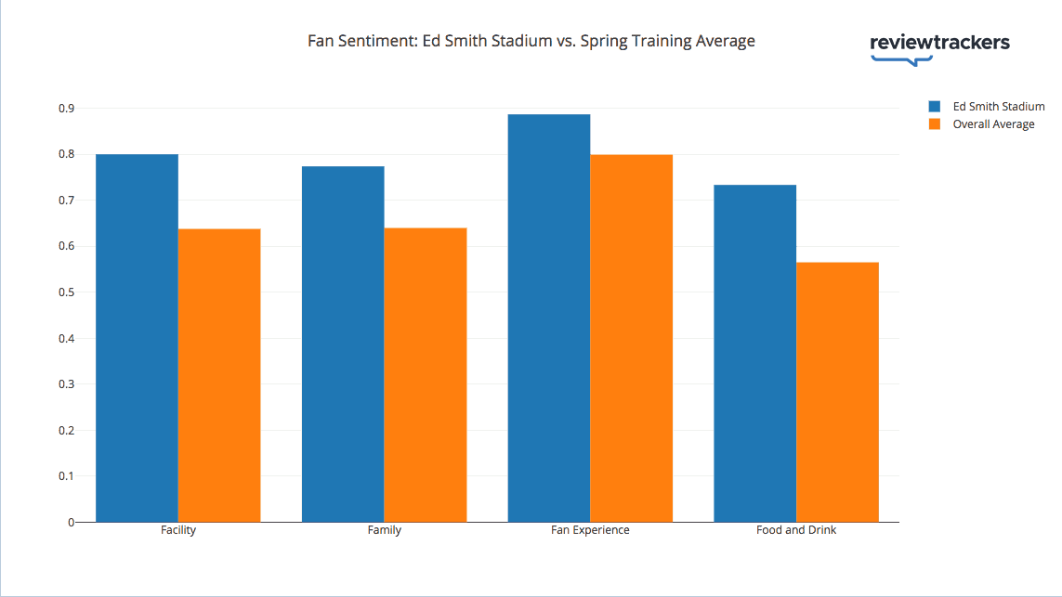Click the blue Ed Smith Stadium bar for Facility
click(x=137, y=338)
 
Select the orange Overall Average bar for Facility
click(x=219, y=375)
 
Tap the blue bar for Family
click(x=343, y=344)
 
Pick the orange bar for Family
click(x=426, y=375)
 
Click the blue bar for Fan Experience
click(x=549, y=318)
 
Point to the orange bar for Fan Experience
click(x=632, y=338)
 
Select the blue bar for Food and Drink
click(x=754, y=353)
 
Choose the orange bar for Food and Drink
click(x=837, y=392)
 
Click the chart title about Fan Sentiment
click(x=531, y=41)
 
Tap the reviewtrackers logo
click(x=939, y=45)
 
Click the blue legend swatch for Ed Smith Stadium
click(x=935, y=107)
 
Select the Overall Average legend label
click(x=993, y=124)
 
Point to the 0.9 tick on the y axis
click(x=66, y=109)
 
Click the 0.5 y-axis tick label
click(x=66, y=292)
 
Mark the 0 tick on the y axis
click(x=70, y=522)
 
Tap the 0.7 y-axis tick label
click(x=66, y=201)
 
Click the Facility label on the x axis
click(x=177, y=530)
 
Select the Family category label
click(x=384, y=530)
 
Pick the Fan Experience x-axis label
click(x=590, y=530)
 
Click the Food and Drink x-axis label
click(x=796, y=530)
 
